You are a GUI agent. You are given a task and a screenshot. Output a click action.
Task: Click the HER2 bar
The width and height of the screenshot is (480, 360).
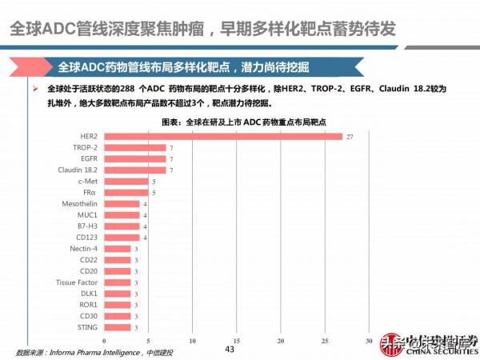223,137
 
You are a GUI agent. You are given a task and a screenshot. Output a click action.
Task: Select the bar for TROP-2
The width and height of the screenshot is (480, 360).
135,148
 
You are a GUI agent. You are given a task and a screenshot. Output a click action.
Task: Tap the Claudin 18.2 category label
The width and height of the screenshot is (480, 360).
78,170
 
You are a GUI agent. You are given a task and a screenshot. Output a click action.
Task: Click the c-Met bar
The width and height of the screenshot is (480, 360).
126,182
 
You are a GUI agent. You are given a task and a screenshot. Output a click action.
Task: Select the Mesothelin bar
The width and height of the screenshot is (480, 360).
122,204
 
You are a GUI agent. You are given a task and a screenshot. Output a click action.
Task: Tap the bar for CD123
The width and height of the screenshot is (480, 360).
122,238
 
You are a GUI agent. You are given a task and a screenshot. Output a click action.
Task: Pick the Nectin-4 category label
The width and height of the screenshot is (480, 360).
83,249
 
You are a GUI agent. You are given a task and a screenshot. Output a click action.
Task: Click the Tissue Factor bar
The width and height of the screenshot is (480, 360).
118,282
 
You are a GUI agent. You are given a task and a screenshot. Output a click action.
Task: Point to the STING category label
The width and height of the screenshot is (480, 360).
88,327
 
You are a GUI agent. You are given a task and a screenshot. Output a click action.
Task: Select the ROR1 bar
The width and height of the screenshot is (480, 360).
118,305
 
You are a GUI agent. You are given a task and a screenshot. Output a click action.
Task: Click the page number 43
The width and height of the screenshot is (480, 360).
230,350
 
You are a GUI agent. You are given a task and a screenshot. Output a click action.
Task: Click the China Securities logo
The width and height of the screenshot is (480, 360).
427,344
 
